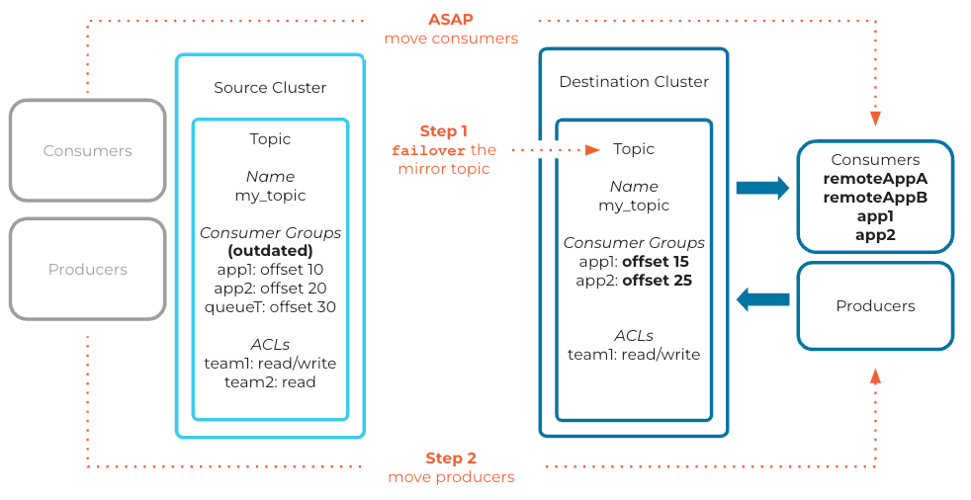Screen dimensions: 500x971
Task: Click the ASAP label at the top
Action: tap(451, 20)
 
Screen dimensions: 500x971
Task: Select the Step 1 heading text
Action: tap(444, 130)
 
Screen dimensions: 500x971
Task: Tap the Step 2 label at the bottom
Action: tap(451, 458)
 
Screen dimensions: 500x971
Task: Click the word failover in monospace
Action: tap(429, 150)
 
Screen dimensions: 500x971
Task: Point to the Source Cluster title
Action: tap(270, 87)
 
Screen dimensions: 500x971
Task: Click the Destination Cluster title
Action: tap(634, 81)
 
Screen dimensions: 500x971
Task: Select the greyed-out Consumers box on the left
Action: tap(87, 151)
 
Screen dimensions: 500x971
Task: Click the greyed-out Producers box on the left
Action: tap(87, 270)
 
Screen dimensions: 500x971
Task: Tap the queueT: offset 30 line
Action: tap(270, 306)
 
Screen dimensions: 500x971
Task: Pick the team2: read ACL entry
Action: tap(270, 381)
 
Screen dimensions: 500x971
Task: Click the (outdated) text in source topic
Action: tap(270, 250)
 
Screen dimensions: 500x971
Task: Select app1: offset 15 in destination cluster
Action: tap(634, 262)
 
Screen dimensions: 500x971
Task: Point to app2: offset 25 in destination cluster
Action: tap(634, 281)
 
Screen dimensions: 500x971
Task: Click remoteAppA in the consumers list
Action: tap(875, 179)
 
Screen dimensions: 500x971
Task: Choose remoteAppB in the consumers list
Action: tap(875, 198)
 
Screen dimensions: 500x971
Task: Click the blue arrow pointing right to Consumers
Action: tap(761, 187)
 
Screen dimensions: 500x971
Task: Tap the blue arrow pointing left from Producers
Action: tap(762, 298)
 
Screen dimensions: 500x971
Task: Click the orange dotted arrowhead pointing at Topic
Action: tap(592, 150)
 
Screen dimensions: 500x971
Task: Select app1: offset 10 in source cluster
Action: tap(270, 269)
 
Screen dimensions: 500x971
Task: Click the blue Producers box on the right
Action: tap(875, 306)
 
